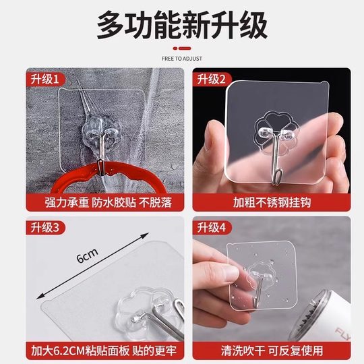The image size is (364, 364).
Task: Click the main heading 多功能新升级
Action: (x=181, y=26)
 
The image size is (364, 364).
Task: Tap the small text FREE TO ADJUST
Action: (x=181, y=58)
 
